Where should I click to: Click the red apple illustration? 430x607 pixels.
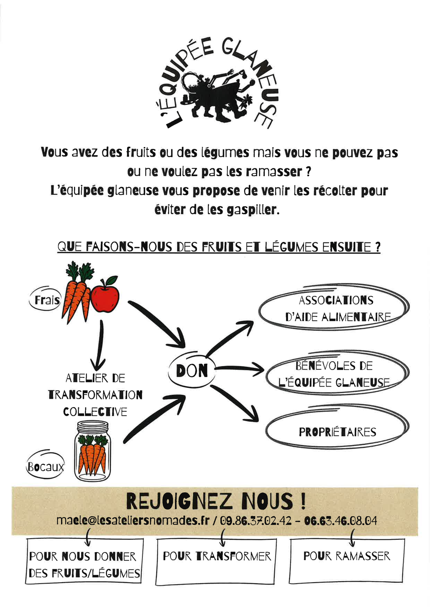[105, 295]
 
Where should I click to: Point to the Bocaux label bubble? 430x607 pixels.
[45, 466]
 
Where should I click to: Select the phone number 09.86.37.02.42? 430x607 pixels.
[256, 521]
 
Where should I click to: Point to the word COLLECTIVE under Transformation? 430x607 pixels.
[95, 412]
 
